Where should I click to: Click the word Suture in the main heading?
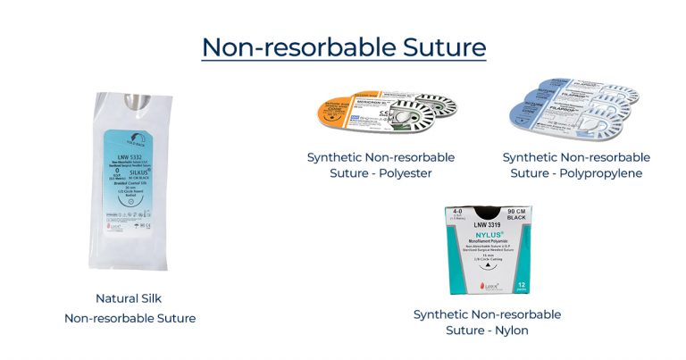pyautogui.click(x=440, y=46)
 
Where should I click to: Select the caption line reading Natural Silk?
pyautogui.click(x=130, y=298)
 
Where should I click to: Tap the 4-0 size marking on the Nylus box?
pyautogui.click(x=457, y=214)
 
